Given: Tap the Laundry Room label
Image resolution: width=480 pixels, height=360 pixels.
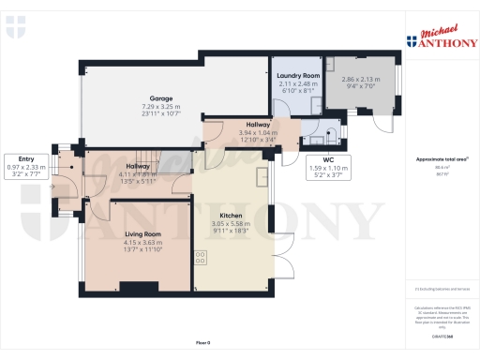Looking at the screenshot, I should tap(299, 74).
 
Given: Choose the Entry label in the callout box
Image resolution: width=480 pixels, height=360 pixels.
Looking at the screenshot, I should tap(19, 158).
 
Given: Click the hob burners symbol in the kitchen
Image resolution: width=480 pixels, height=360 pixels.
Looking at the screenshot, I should tap(201, 256).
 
